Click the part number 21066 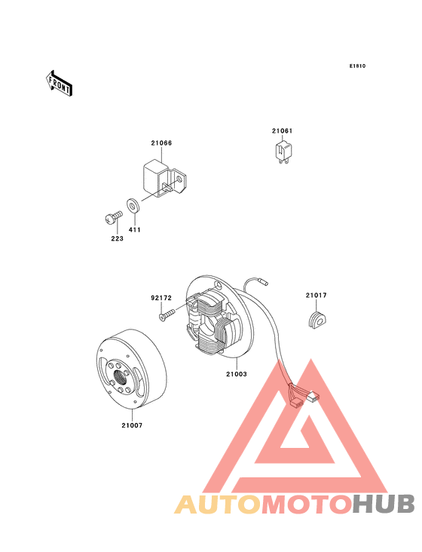[161, 143]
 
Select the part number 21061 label [282, 131]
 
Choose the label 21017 [316, 295]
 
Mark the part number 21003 [236, 373]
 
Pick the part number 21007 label [132, 425]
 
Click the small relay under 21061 [283, 151]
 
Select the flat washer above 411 [133, 205]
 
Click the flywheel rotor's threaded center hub [121, 374]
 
